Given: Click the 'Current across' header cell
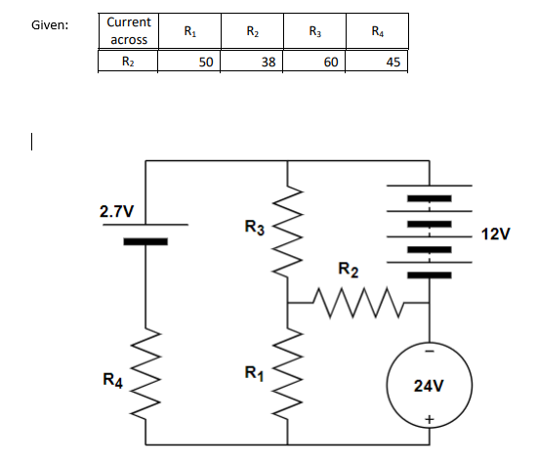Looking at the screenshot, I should (x=128, y=30).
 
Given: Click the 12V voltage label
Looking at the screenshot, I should (x=497, y=234).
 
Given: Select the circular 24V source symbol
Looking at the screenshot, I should (x=430, y=385).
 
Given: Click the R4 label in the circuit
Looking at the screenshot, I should (x=112, y=378).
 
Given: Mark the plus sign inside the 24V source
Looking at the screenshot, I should (x=430, y=420).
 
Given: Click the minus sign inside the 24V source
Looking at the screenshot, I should (x=430, y=350).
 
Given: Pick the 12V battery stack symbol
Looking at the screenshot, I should (x=429, y=234).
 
